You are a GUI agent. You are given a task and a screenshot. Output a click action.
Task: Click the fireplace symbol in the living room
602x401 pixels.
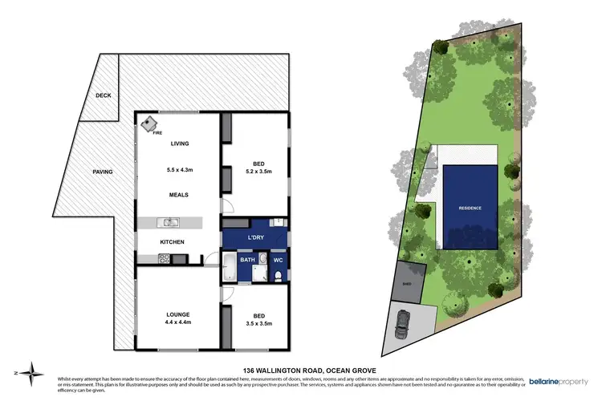149,124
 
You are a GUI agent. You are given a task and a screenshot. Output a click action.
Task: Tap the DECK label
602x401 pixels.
103,95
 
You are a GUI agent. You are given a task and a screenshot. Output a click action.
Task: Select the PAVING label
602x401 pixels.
102,172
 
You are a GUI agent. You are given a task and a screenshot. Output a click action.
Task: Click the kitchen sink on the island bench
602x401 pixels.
170,222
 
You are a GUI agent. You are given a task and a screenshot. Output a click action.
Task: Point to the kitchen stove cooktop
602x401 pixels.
164,258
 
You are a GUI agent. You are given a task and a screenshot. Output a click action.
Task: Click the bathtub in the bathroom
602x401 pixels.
229,267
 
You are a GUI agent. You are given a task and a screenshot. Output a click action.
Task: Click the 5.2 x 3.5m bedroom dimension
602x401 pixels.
256,172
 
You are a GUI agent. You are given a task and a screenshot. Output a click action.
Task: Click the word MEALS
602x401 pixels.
178,194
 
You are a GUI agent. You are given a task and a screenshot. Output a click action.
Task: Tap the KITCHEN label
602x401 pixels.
173,241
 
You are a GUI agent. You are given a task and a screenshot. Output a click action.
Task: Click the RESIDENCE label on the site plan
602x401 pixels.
470,208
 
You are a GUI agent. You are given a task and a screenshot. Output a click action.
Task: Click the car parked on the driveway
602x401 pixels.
404,325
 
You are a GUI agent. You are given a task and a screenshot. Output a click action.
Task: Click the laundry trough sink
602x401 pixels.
275,223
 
